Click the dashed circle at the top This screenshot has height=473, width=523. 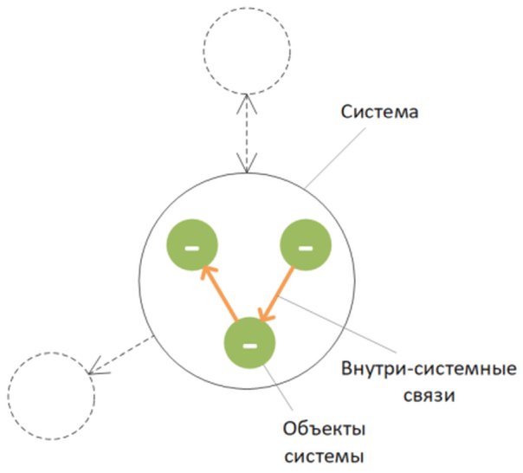pos(246,50)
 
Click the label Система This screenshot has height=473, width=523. pos(378,112)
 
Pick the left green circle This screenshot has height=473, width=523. pos(192,245)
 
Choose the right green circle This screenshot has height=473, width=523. pos(305,245)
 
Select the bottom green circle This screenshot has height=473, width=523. pos(249,344)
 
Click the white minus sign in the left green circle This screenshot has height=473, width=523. pos(192,246)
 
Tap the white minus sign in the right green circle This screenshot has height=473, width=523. pos(305,246)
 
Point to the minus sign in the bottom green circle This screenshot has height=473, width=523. pos(249,345)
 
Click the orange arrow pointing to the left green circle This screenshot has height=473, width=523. pos(219,294)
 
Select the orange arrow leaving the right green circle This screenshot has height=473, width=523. pos(279,294)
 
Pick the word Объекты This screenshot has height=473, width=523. pos(325,430)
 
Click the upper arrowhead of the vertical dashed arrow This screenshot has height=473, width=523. pos(249,98)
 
